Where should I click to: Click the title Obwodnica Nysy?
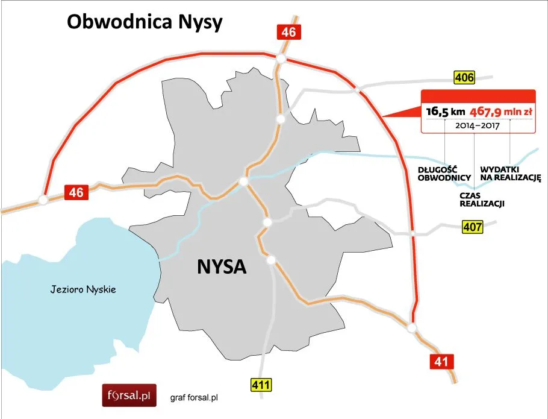[145, 22]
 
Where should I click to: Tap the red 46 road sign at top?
[288, 32]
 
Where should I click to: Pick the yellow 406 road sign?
[464, 77]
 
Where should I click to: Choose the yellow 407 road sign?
[473, 227]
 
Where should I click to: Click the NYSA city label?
[222, 266]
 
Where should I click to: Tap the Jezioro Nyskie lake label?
[83, 290]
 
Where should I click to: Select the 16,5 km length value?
[445, 112]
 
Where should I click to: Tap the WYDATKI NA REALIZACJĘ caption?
[511, 174]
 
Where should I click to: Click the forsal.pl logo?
[128, 396]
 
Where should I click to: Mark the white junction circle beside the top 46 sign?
[281, 58]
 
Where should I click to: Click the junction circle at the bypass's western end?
[43, 200]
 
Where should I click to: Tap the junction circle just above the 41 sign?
[412, 327]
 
